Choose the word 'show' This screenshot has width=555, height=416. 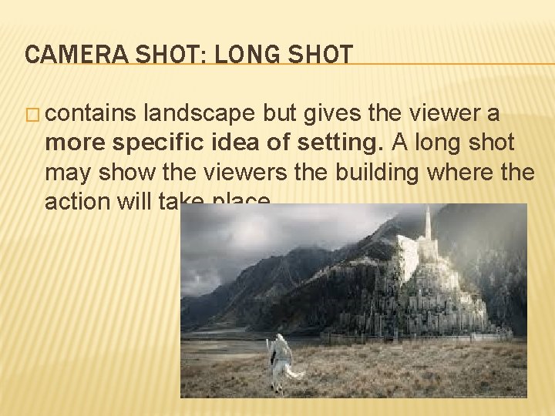pos(119,173)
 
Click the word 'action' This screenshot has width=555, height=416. pos(78,202)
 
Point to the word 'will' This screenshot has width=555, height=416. pos(137,202)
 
